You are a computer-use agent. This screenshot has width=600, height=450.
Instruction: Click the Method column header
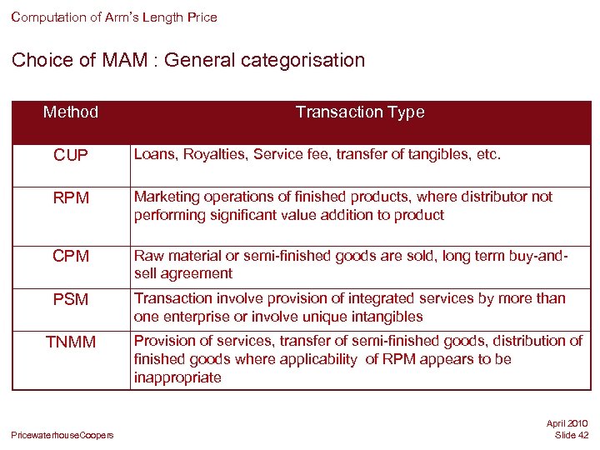coord(71,112)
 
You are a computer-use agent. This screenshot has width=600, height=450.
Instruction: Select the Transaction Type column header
coord(360,112)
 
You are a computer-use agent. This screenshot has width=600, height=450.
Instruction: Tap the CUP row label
coord(71,156)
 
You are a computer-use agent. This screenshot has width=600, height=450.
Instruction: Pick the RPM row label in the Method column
coord(71,197)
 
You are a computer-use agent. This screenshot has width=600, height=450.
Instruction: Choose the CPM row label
coord(71,257)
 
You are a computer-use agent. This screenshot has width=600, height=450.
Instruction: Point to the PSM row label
coord(71,299)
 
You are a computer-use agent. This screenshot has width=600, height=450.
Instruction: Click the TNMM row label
coord(71,342)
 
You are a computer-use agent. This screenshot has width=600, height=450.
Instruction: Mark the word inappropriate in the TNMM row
coord(177,377)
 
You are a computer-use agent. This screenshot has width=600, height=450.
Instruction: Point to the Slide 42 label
coord(571,435)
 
